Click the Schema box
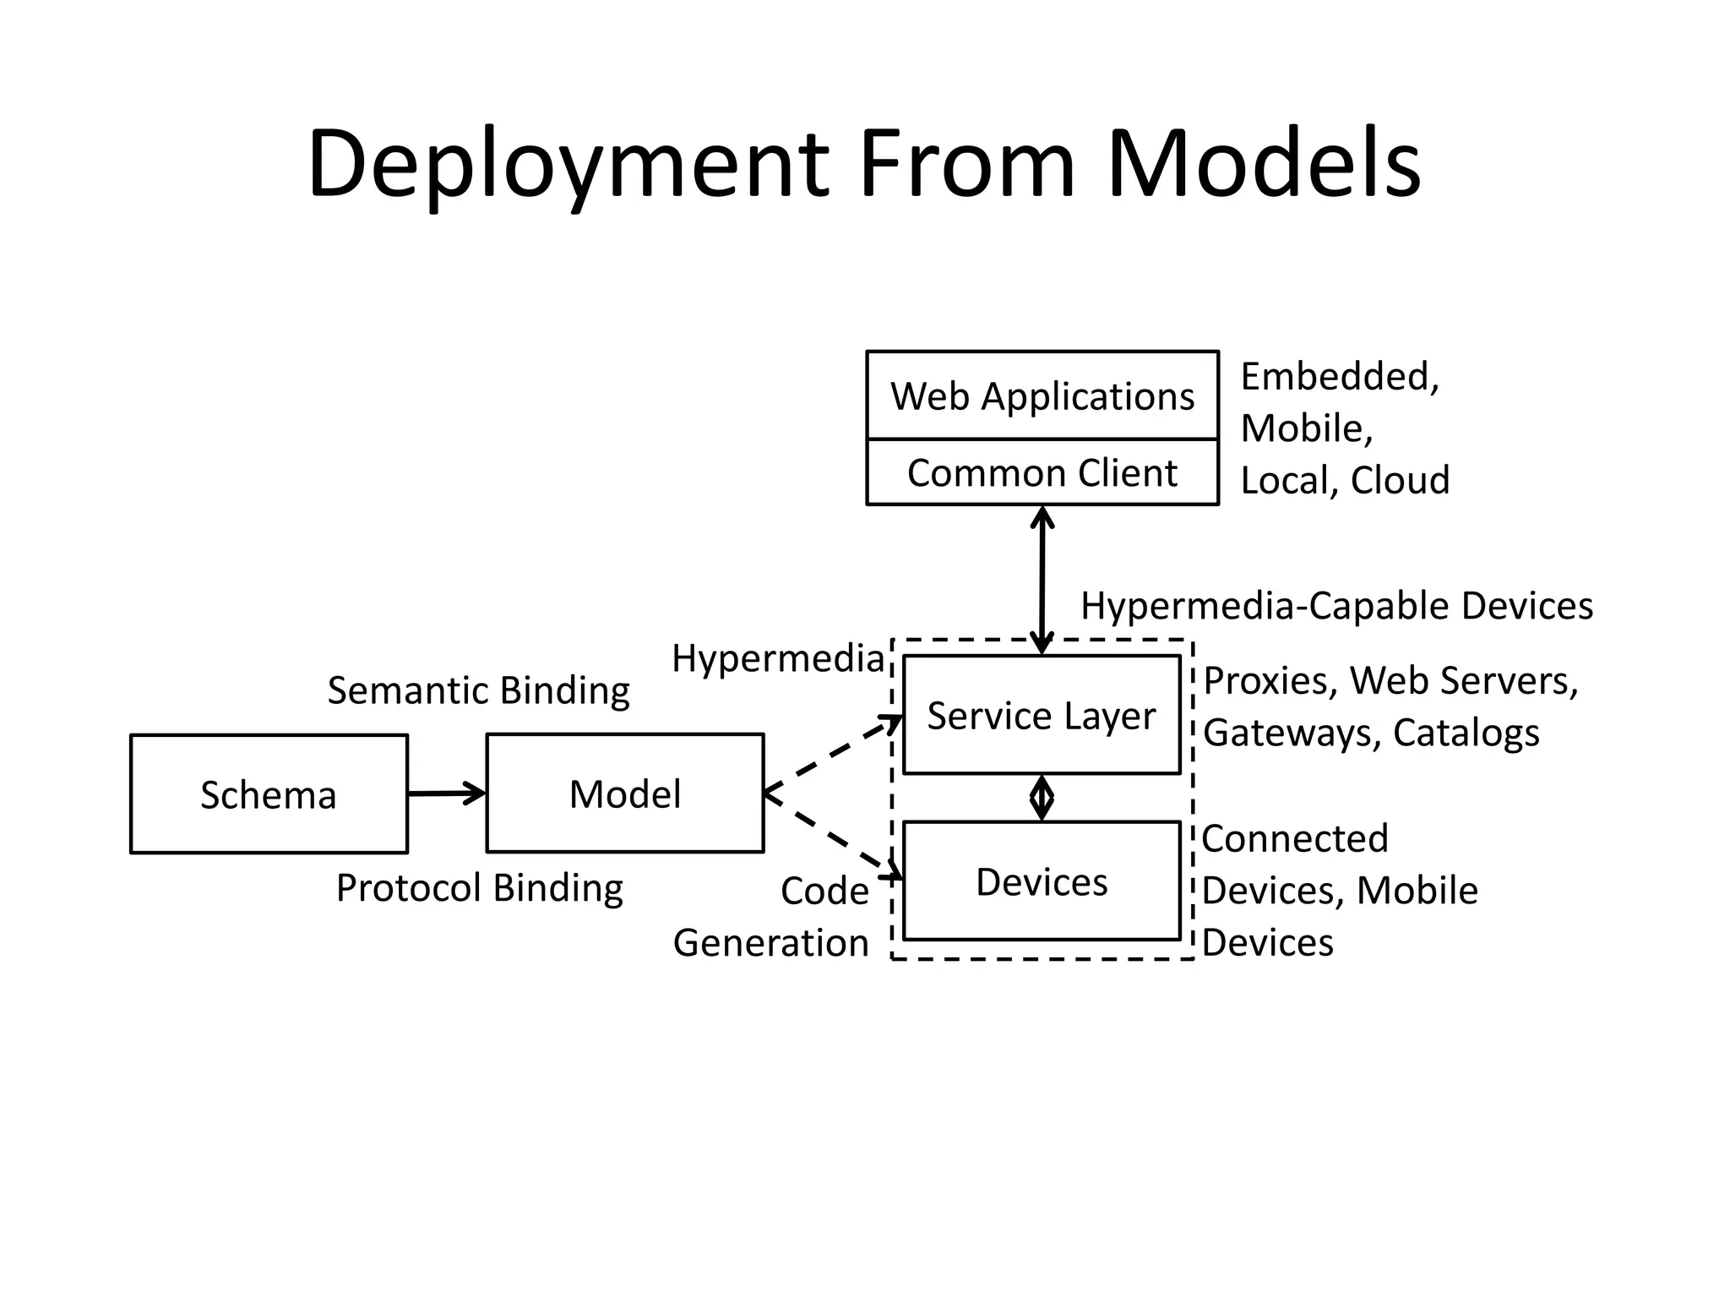(269, 794)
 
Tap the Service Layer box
(1042, 715)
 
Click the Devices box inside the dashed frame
(1042, 881)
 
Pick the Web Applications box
(1042, 395)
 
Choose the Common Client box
(1042, 472)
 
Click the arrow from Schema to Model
(446, 794)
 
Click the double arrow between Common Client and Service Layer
(1042, 580)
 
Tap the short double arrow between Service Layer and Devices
(1042, 798)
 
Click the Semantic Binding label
(478, 690)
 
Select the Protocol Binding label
(479, 888)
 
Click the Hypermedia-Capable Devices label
(1336, 606)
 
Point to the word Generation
(770, 942)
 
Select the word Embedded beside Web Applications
(1339, 377)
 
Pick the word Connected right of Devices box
(1294, 839)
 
